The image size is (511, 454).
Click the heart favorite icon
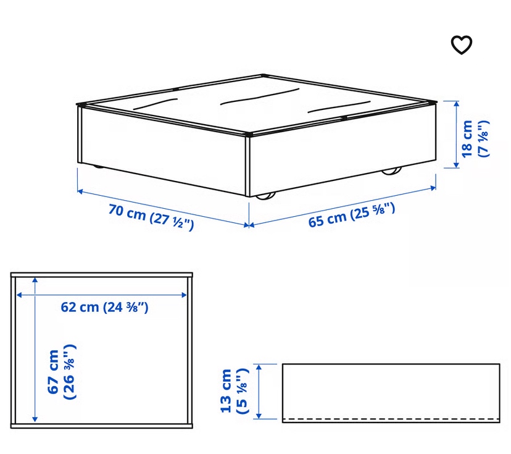coord(462,44)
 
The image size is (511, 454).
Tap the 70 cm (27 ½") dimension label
coord(152,217)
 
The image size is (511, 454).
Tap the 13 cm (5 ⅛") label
coord(235,390)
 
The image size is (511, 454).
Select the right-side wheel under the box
coord(391,170)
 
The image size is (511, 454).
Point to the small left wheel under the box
coord(99,167)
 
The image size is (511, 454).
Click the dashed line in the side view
coord(391,418)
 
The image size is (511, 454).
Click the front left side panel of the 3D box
coord(162,148)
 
